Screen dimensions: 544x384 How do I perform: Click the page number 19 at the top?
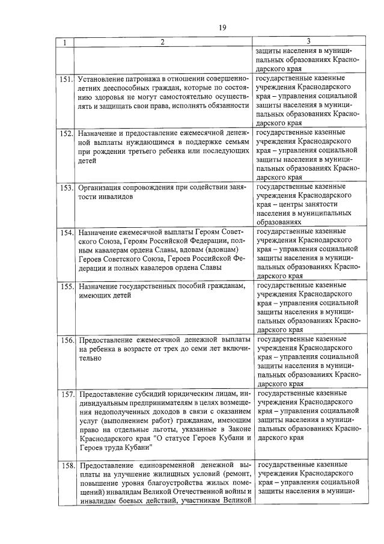tap(222, 28)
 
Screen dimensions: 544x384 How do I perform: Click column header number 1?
tap(66, 42)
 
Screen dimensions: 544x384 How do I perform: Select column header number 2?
tap(162, 42)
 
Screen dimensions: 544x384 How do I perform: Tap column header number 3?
tap(308, 41)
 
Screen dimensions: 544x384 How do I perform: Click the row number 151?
tap(66, 79)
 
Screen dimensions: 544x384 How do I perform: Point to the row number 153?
tap(66, 187)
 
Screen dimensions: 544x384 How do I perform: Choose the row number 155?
tap(66, 286)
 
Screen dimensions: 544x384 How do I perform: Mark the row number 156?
tap(66, 340)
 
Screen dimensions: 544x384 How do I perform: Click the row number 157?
tap(66, 395)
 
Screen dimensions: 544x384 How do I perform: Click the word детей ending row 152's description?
tap(88, 160)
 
